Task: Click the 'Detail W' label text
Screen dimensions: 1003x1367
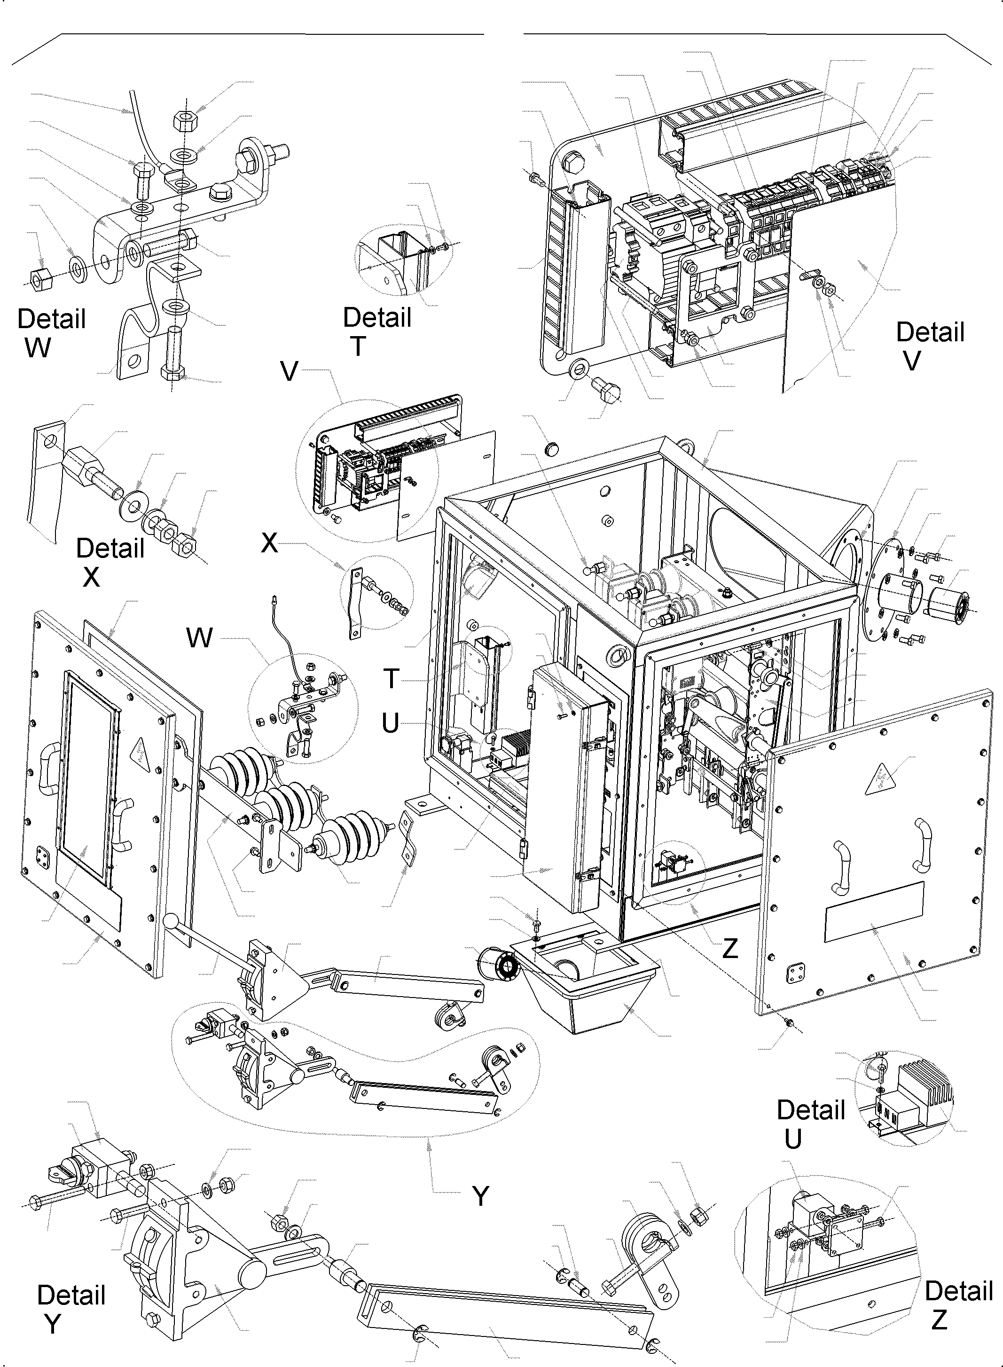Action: [x=52, y=333]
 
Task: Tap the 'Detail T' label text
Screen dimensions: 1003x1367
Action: [x=377, y=331]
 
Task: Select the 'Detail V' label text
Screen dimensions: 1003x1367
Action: [x=930, y=346]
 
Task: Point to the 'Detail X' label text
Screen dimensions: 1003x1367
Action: [x=110, y=562]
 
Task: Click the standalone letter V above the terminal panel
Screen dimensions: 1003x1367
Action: [x=290, y=371]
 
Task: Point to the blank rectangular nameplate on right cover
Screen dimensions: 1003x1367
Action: [x=874, y=911]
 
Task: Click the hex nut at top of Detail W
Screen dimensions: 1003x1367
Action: [x=184, y=120]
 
